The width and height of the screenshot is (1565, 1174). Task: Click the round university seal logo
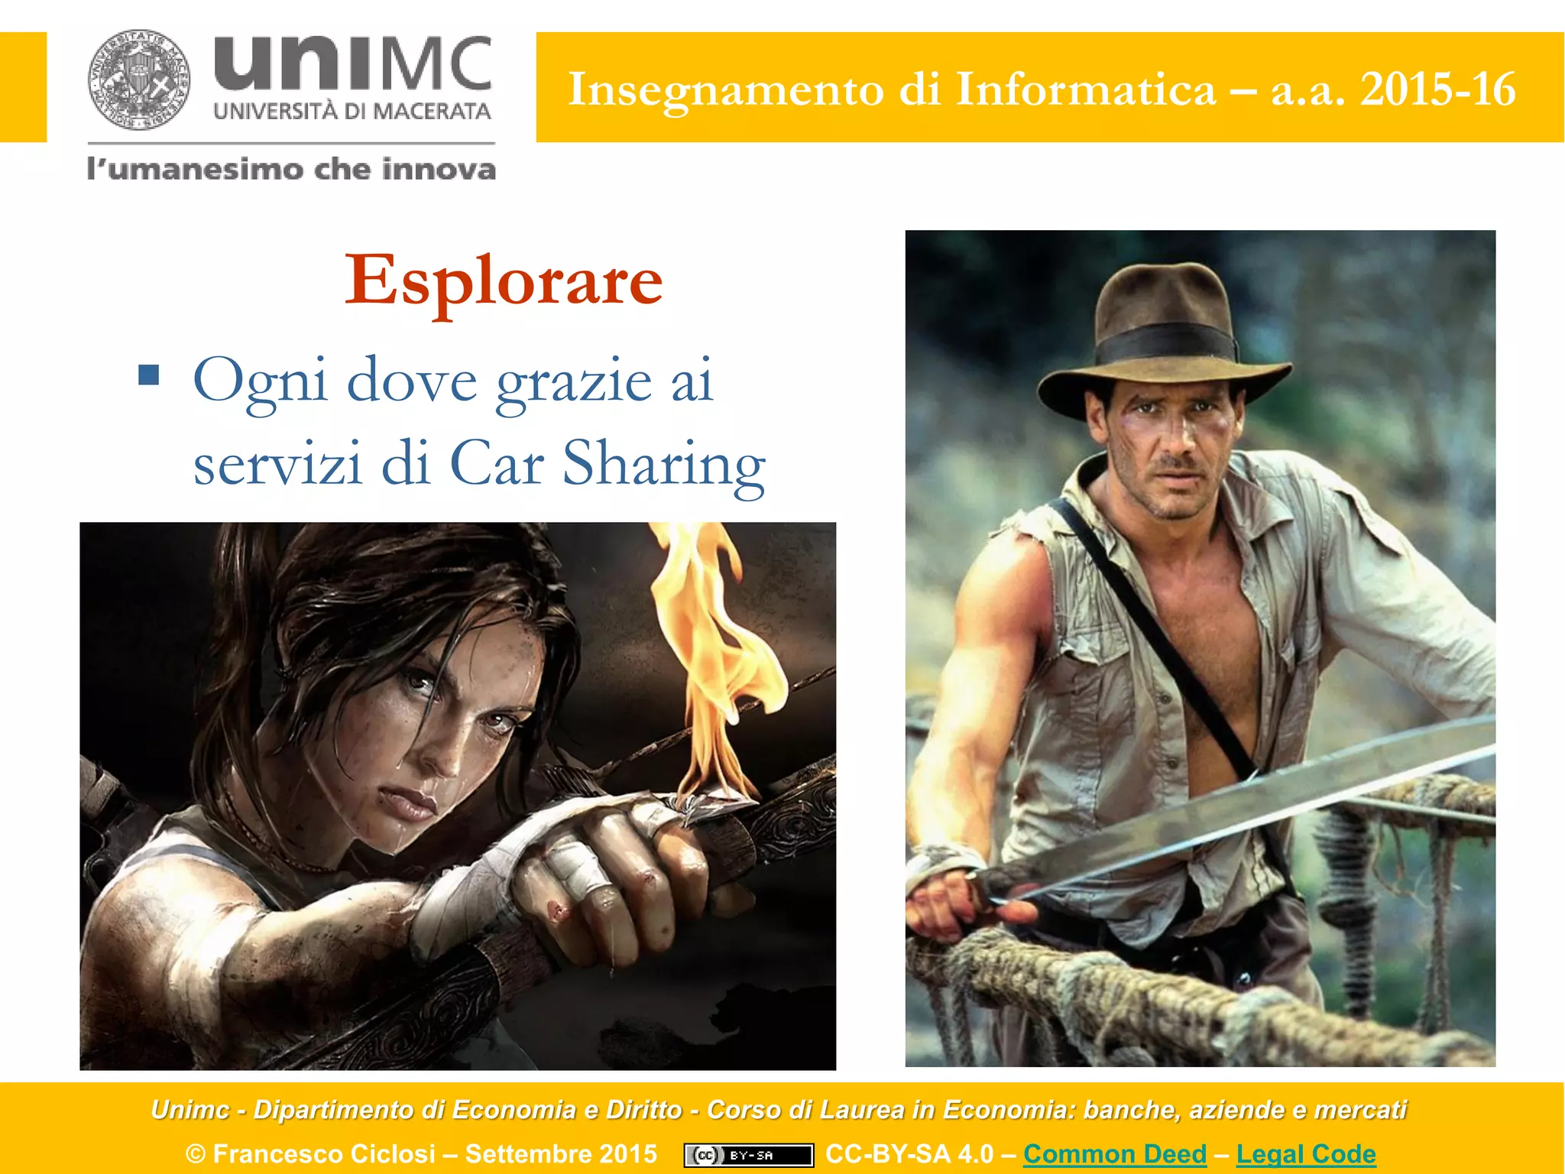tap(139, 80)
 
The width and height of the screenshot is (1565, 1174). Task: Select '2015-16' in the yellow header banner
tap(1437, 89)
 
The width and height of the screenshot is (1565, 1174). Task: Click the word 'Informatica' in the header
tap(1085, 89)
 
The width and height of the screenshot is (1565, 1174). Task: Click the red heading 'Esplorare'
tap(504, 281)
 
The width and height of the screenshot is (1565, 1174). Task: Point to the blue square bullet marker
tap(149, 375)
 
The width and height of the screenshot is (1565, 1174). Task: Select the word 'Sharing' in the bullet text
tap(663, 464)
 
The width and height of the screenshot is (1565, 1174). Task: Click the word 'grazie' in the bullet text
tap(574, 381)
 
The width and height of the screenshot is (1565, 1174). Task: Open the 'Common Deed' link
tap(1115, 1153)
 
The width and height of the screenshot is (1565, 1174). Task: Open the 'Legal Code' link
tap(1306, 1153)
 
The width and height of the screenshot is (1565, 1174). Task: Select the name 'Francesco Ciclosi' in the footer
tap(324, 1153)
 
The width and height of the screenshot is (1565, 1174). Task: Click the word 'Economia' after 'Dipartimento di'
tap(514, 1110)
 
